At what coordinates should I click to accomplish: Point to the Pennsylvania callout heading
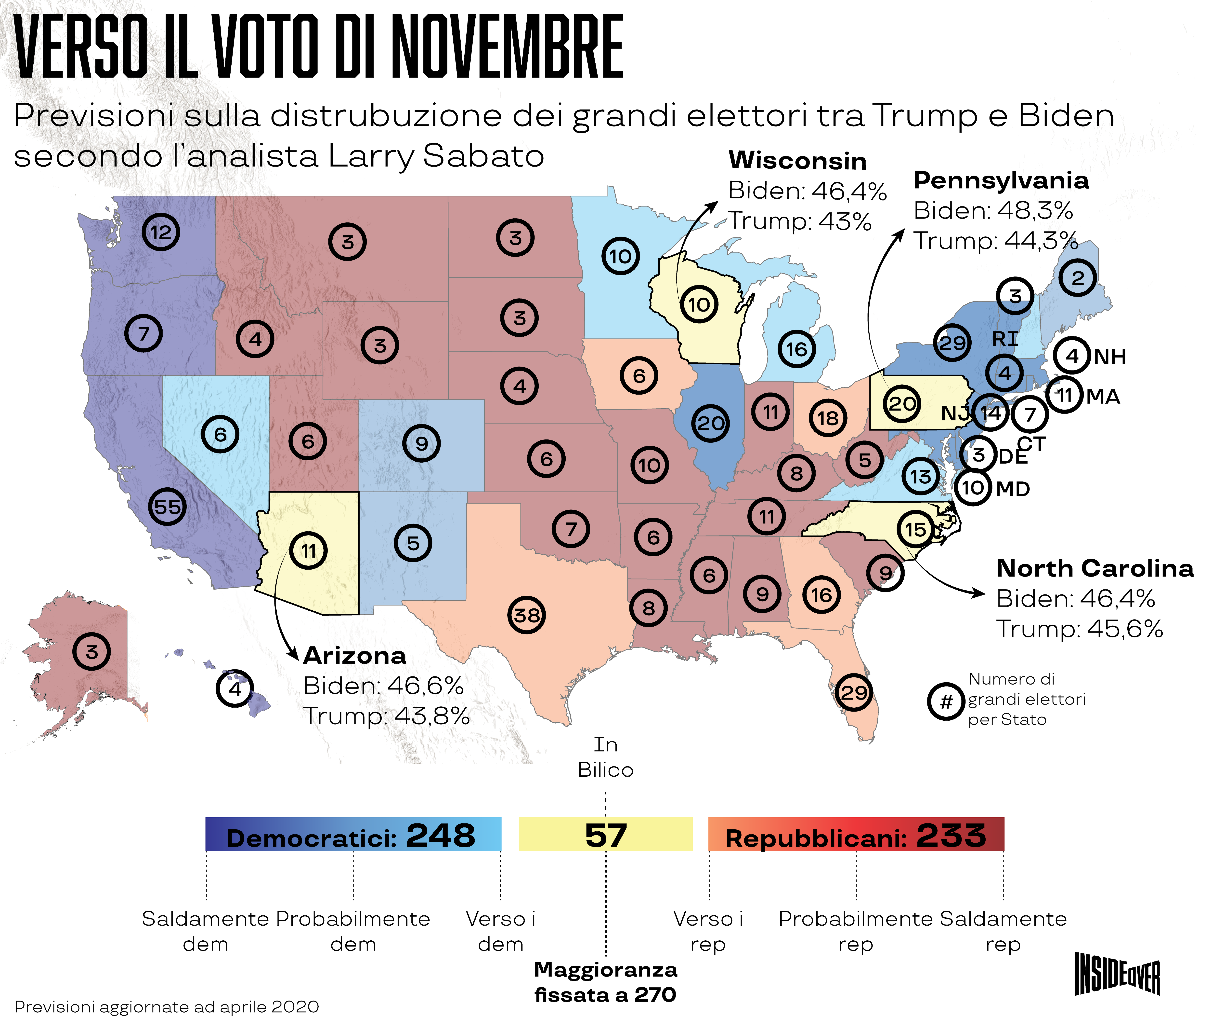click(1001, 180)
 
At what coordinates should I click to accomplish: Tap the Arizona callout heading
click(354, 656)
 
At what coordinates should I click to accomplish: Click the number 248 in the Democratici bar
click(440, 835)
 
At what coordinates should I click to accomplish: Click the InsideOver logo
click(1117, 974)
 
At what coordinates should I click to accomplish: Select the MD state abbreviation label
click(1013, 489)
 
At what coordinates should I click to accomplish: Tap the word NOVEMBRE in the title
click(508, 46)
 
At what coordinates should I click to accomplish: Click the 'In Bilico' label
click(605, 757)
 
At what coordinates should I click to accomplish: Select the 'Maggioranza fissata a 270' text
click(605, 982)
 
